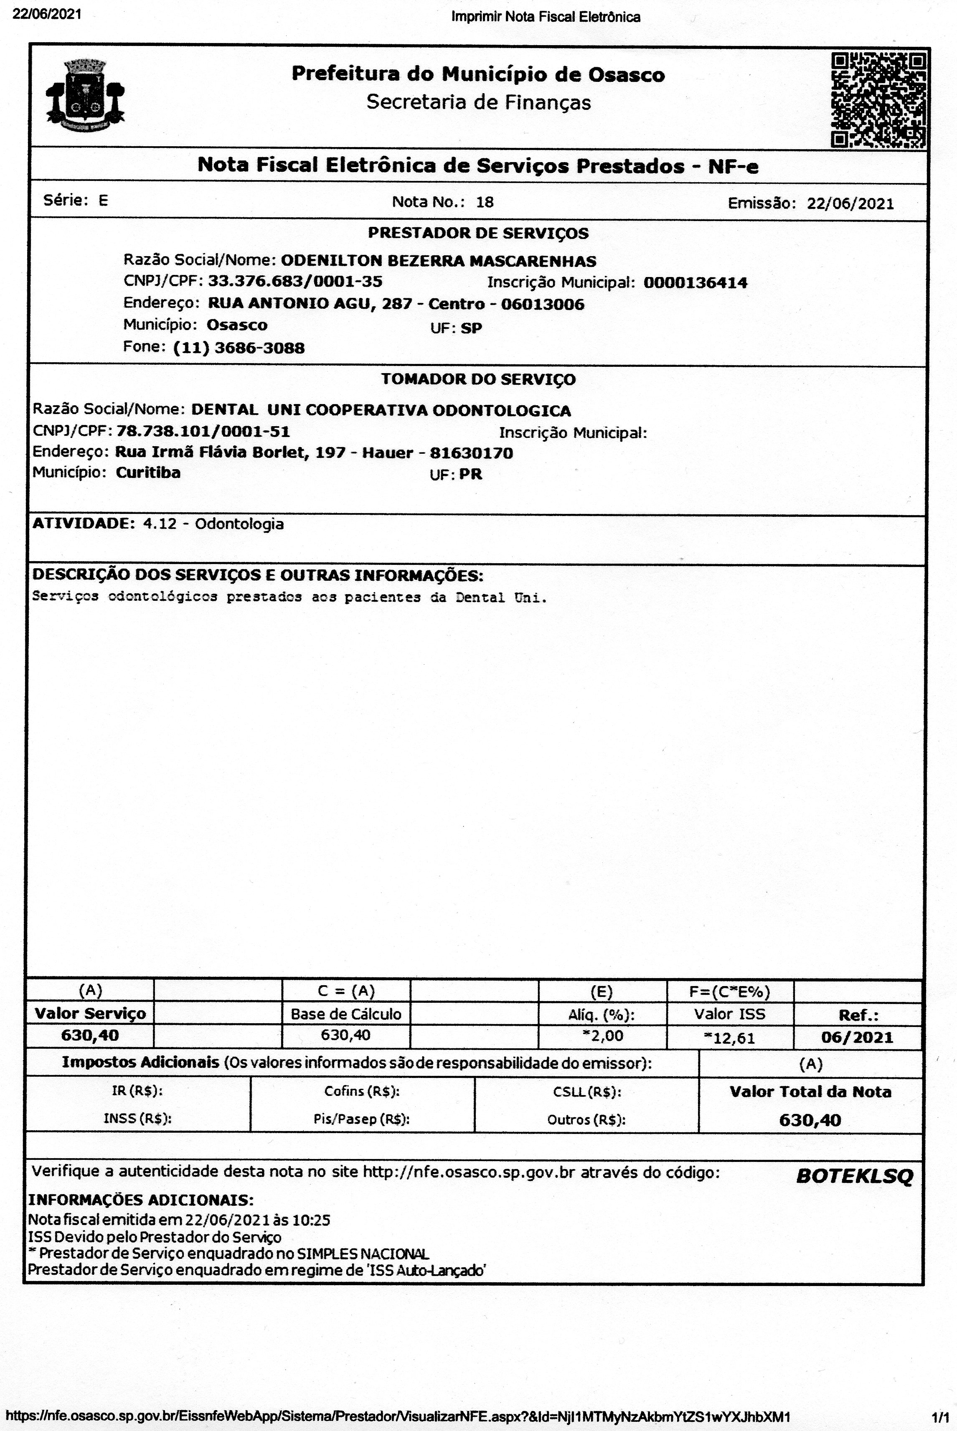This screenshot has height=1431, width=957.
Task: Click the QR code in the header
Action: (x=878, y=100)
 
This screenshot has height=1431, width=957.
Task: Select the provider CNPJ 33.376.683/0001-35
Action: (x=295, y=282)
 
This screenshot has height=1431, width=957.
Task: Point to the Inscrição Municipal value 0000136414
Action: (x=695, y=283)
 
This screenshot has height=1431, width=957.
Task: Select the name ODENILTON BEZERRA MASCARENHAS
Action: (x=438, y=261)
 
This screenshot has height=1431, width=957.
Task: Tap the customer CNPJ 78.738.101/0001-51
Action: (x=203, y=432)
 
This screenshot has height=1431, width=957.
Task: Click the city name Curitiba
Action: (x=148, y=473)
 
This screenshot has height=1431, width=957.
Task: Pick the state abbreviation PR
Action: (x=471, y=474)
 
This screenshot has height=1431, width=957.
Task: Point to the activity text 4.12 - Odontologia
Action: (x=213, y=524)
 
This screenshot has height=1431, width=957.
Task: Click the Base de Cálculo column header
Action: (x=346, y=1014)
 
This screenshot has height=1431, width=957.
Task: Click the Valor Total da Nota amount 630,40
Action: (x=810, y=1120)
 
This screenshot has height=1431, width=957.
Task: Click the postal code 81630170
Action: (x=471, y=453)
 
